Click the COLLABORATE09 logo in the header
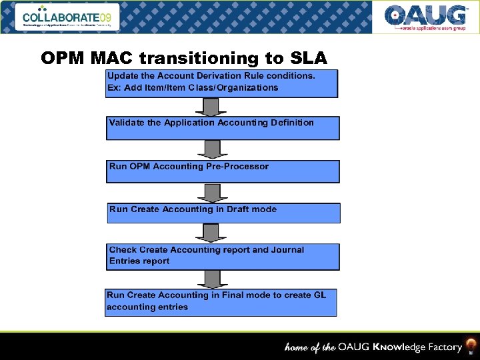tap(70, 17)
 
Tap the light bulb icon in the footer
tap(471, 346)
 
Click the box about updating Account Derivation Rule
tap(222, 83)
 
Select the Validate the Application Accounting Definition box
tap(222, 128)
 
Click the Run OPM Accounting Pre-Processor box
tap(222, 171)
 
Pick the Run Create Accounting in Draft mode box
tap(223, 213)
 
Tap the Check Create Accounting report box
tap(223, 257)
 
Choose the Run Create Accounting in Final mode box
tap(221, 302)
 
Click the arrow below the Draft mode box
tap(211, 233)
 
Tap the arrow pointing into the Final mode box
tap(211, 279)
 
